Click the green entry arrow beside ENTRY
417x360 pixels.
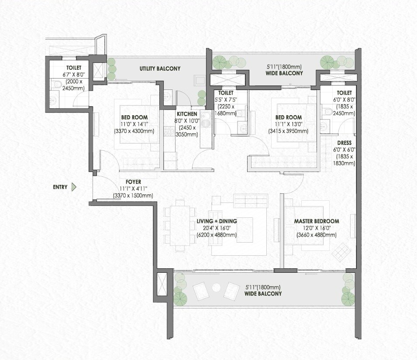[x=74, y=187]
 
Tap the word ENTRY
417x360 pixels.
[x=60, y=187]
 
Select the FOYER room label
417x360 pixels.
[x=133, y=182]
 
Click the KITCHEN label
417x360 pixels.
[x=187, y=114]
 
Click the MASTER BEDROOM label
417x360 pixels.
[x=316, y=221]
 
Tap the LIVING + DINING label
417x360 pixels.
[x=216, y=221]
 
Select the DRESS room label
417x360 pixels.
[x=344, y=143]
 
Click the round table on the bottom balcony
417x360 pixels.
[x=216, y=287]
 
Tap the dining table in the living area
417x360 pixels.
[x=179, y=225]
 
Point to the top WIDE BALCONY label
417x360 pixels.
[x=284, y=73]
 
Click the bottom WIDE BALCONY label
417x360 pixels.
[x=263, y=294]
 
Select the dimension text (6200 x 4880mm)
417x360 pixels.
[x=216, y=235]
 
